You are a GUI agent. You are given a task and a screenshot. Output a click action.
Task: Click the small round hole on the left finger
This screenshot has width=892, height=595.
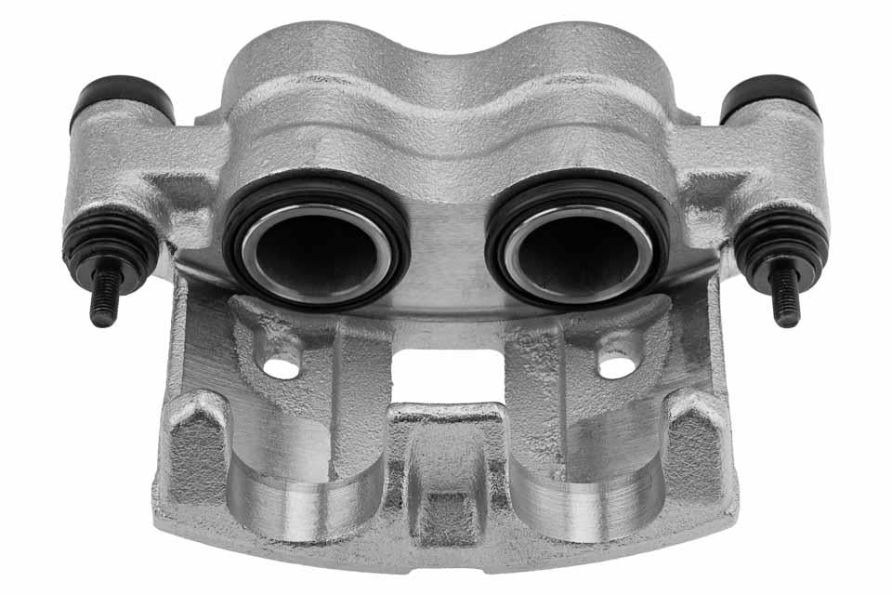[x=282, y=366]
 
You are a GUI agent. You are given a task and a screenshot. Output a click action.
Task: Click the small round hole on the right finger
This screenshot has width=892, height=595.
[x=616, y=366]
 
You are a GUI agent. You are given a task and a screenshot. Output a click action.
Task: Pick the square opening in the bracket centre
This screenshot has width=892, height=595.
[x=446, y=376]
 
